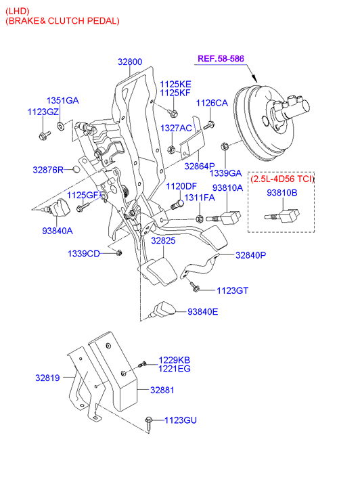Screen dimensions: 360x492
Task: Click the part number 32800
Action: coord(130,62)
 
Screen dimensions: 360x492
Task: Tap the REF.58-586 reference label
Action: coord(221,59)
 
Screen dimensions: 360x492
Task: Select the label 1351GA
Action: coord(62,100)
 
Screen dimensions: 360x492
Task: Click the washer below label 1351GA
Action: coord(61,126)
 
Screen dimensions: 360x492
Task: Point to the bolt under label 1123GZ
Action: coord(44,135)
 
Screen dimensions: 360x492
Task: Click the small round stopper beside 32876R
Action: coord(76,170)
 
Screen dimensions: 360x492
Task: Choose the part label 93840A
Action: coord(57,231)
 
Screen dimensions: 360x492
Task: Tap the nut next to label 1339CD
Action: coord(118,252)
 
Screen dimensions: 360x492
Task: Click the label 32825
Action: coord(163,241)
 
